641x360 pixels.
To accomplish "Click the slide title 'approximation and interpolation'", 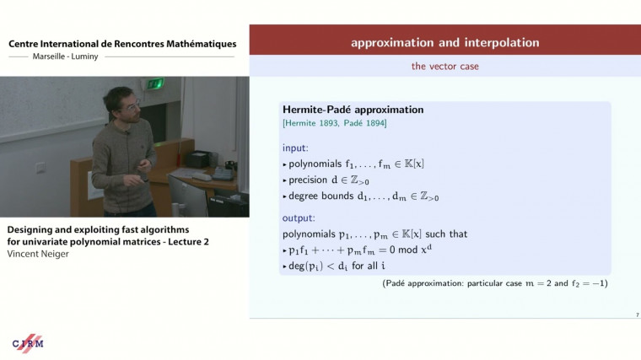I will pyautogui.click(x=444, y=42).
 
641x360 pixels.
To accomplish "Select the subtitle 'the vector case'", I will pyautogui.click(x=444, y=66).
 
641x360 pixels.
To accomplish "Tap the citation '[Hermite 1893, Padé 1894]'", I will pyautogui.click(x=333, y=124).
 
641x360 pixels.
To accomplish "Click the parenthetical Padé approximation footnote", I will pyautogui.click(x=494, y=283).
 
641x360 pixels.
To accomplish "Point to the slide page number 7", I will pyautogui.click(x=636, y=314).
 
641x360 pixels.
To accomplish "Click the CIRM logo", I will pyautogui.click(x=28, y=343).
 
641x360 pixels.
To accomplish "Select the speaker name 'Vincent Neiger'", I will pyautogui.click(x=38, y=253).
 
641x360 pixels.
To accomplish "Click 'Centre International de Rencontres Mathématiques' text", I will pyautogui.click(x=122, y=44).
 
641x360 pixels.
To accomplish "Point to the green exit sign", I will pyautogui.click(x=154, y=83).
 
